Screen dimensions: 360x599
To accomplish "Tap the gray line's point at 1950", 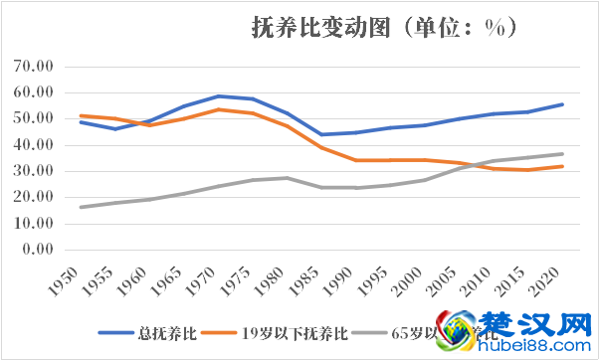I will coord(81,207).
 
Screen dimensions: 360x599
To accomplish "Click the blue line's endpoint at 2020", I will coord(562,104).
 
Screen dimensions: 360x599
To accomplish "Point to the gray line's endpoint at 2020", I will coord(562,154).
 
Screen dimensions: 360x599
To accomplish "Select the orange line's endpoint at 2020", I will coord(562,166).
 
